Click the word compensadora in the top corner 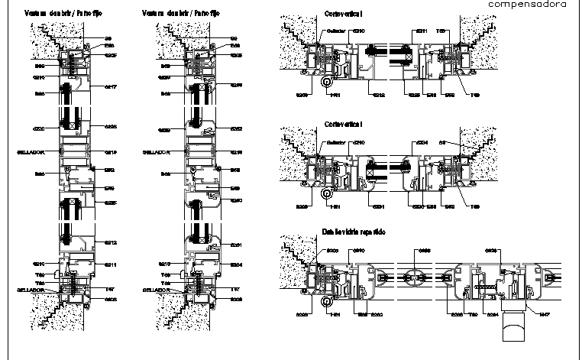coord(526,5)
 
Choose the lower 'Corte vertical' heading coord(343,123)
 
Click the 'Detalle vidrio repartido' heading coord(354,232)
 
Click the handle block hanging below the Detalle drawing coord(513,330)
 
